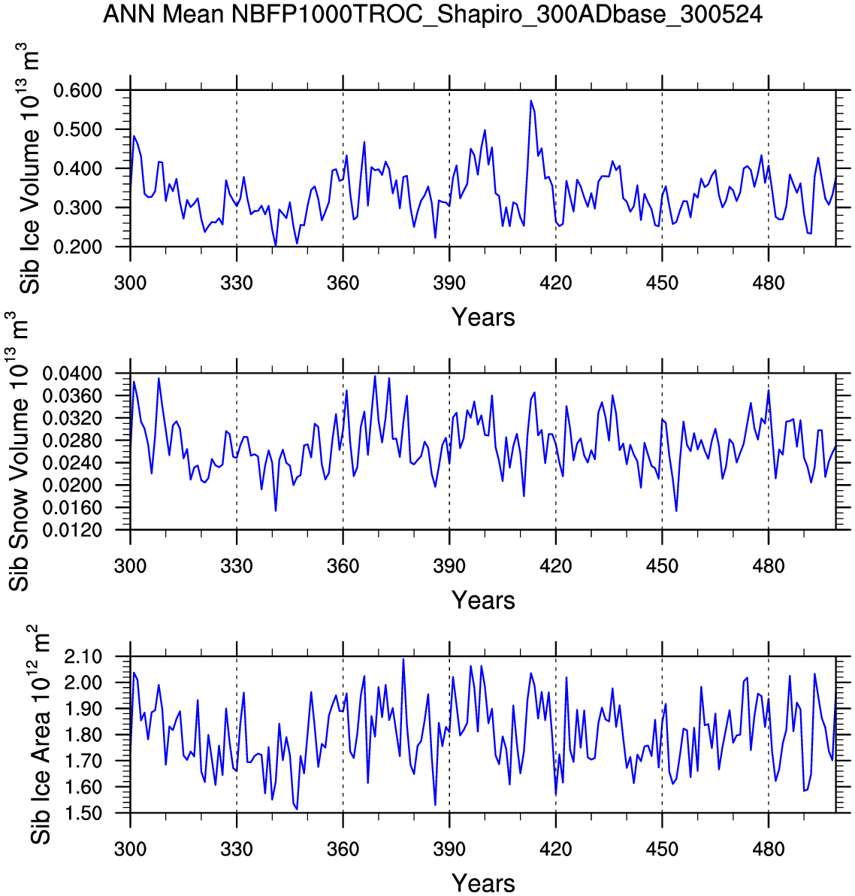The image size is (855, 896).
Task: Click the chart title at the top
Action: click(433, 14)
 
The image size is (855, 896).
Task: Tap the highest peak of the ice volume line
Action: click(530, 101)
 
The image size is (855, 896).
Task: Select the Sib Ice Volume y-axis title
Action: click(31, 168)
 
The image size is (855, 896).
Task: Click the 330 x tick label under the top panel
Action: click(237, 283)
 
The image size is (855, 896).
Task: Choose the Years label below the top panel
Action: click(483, 317)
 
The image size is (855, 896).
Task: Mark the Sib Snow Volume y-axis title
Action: click(20, 452)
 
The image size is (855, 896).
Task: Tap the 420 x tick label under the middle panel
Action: click(555, 566)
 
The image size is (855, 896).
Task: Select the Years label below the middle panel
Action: click(483, 600)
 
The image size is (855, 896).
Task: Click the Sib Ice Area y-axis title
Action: click(39, 734)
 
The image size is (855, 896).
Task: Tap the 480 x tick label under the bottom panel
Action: click(768, 849)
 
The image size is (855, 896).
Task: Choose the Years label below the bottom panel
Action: click(483, 882)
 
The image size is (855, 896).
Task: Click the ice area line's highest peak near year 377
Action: click(403, 659)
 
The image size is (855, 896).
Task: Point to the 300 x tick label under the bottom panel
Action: click(130, 849)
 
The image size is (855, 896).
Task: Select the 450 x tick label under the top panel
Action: click(662, 283)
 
